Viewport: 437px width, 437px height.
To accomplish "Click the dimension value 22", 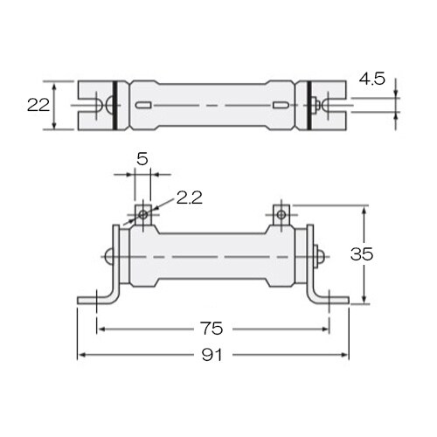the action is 38,105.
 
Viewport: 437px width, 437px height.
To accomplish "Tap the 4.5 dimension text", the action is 371,79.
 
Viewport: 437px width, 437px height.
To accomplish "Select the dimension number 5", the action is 142,159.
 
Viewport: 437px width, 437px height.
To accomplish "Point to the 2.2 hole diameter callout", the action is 190,198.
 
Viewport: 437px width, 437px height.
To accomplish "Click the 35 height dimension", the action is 362,254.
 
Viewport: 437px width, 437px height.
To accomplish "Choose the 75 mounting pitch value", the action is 212,329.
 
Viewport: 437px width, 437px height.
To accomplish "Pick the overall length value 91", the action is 212,355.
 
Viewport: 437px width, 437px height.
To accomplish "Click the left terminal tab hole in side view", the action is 143,215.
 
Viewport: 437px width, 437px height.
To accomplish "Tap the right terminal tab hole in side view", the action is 281,215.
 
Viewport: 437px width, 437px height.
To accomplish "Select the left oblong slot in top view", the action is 143,105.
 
